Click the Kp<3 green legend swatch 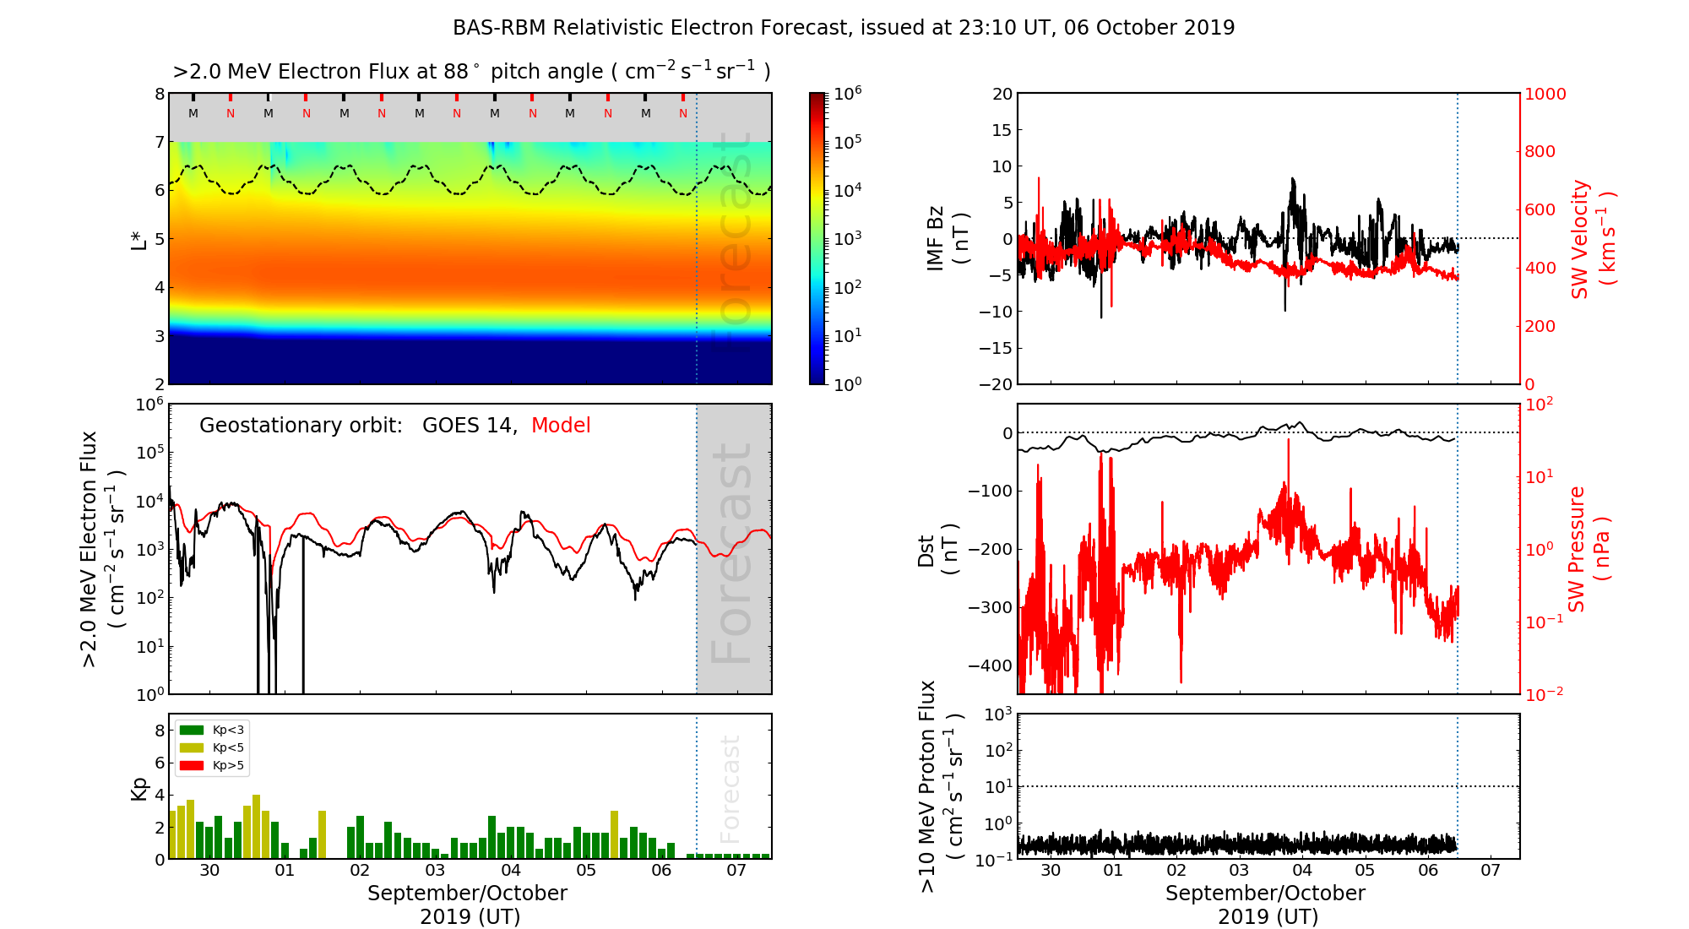tap(193, 730)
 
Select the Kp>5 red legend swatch tap(193, 766)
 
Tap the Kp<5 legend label tap(228, 748)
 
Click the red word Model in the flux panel tap(561, 426)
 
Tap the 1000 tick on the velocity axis tap(1545, 95)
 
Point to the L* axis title tap(138, 239)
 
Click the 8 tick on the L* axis tap(160, 95)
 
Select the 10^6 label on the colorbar tap(848, 94)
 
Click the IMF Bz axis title tap(947, 239)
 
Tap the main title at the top tap(844, 28)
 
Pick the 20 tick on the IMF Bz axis tap(1002, 95)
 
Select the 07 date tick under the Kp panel tap(736, 871)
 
